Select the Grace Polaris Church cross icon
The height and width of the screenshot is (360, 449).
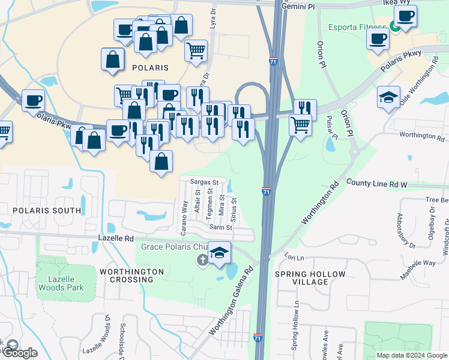(203, 260)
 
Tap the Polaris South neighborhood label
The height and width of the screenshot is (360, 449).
(46, 211)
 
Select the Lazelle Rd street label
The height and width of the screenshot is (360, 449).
(116, 238)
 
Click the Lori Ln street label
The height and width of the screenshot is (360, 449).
(295, 257)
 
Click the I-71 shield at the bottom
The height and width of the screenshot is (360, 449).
(258, 338)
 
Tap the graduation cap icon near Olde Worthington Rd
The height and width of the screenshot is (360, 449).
(388, 97)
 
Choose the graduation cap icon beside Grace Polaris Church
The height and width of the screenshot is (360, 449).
(220, 252)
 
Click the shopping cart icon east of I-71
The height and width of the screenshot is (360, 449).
(300, 124)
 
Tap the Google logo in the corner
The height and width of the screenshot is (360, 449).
(19, 353)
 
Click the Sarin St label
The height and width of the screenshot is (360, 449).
(220, 227)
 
